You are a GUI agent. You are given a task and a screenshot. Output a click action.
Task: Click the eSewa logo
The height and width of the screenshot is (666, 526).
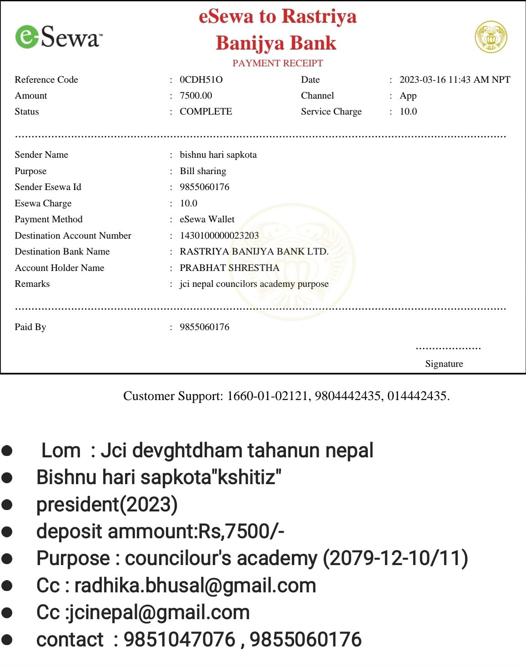point(59,37)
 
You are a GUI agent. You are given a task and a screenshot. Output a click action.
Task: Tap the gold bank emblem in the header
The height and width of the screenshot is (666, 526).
point(491,36)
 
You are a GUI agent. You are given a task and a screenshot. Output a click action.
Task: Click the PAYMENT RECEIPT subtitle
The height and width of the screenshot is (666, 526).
point(277,63)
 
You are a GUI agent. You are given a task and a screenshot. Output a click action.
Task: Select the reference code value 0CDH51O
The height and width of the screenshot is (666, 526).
point(201,80)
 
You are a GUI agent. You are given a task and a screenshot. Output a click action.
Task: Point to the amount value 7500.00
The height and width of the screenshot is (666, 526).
point(196,95)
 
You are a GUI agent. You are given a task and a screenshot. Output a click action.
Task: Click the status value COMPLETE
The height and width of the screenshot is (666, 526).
point(205,111)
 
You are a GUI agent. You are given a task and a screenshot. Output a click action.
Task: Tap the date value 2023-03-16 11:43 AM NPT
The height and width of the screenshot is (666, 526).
point(455,80)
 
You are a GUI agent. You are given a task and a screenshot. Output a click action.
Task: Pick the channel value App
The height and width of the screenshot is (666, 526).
point(408,95)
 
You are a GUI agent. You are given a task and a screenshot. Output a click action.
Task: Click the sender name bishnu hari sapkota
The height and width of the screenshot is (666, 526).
point(218,155)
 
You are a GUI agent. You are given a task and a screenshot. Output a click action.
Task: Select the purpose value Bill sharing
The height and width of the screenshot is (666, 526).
point(203,171)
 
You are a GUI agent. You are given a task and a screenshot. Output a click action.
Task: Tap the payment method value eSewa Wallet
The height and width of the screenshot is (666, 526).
point(207,219)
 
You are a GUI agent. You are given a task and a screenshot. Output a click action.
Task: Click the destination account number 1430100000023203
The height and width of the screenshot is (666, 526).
point(219,235)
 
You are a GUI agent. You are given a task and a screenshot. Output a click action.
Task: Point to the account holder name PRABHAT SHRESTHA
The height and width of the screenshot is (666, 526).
point(229,268)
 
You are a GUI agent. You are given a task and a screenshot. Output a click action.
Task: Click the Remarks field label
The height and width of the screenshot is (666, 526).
point(32,284)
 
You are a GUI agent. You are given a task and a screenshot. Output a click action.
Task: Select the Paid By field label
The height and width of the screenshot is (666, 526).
point(30,327)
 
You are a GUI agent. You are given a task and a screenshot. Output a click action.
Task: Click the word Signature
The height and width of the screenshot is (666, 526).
point(444,364)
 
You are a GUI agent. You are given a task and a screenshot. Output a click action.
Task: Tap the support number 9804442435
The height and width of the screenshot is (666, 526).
point(347,396)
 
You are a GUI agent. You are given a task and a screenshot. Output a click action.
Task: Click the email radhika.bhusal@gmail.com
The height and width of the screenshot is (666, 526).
point(195,586)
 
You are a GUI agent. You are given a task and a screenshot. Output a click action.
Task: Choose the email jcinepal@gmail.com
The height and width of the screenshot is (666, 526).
point(159,612)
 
